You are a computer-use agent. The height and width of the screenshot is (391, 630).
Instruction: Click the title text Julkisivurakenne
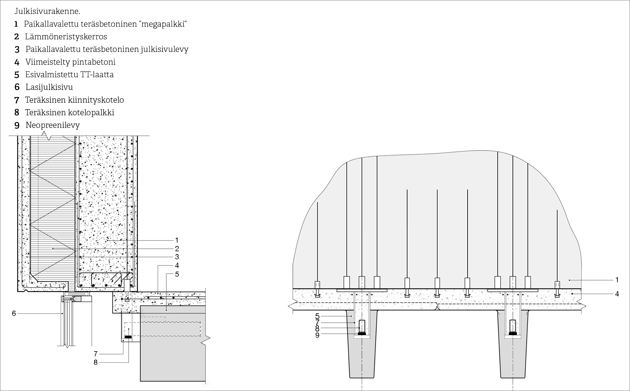click(x=47, y=11)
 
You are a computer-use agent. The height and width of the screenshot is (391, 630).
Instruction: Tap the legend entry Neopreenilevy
click(x=52, y=125)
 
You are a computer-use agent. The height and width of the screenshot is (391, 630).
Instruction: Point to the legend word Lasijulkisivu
click(x=49, y=87)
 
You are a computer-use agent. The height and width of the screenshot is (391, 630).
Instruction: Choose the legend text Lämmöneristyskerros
click(x=66, y=36)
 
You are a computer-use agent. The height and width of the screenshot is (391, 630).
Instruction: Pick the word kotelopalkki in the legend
click(x=92, y=112)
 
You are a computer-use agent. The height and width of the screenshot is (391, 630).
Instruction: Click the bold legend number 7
click(x=17, y=100)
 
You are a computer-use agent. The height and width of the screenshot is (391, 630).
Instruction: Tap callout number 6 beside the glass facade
click(x=14, y=313)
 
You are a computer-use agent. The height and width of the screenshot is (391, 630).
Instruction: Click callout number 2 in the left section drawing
click(x=177, y=249)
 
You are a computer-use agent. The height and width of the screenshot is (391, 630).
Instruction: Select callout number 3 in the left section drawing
click(x=177, y=257)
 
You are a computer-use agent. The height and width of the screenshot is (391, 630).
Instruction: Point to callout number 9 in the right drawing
click(x=317, y=335)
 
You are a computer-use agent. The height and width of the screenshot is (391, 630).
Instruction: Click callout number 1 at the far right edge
click(x=617, y=280)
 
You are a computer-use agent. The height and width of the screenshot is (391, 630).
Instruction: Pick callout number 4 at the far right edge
click(x=617, y=294)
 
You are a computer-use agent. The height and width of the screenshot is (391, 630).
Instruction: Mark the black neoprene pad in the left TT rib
click(x=362, y=334)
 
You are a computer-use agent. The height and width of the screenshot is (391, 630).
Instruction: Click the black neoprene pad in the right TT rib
click(x=513, y=334)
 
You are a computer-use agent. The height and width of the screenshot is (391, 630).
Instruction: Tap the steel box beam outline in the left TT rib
click(x=362, y=326)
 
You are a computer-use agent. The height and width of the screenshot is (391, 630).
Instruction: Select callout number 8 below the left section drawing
click(x=95, y=363)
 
